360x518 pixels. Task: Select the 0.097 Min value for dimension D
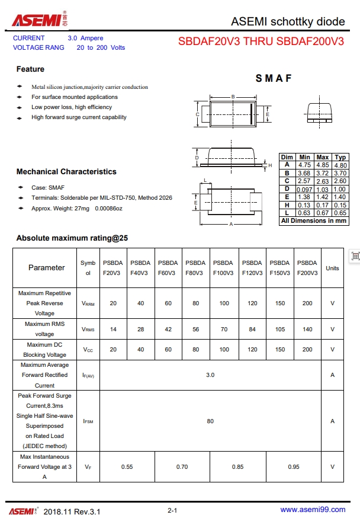304,189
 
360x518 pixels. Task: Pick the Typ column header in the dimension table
340,157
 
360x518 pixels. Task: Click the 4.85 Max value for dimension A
323,165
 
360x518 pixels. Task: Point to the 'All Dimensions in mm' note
313,220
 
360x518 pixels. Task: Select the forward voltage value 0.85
237,466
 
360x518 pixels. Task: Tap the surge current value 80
210,421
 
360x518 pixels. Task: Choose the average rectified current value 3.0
210,375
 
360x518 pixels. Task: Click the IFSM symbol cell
88,421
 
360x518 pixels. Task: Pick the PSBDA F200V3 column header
307,268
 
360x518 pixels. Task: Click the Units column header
332,268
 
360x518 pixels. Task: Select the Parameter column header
46,268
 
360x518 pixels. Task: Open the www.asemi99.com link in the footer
312,510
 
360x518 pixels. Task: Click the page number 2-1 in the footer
173,510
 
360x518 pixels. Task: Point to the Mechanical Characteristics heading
66,172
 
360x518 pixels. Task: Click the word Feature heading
30,69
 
